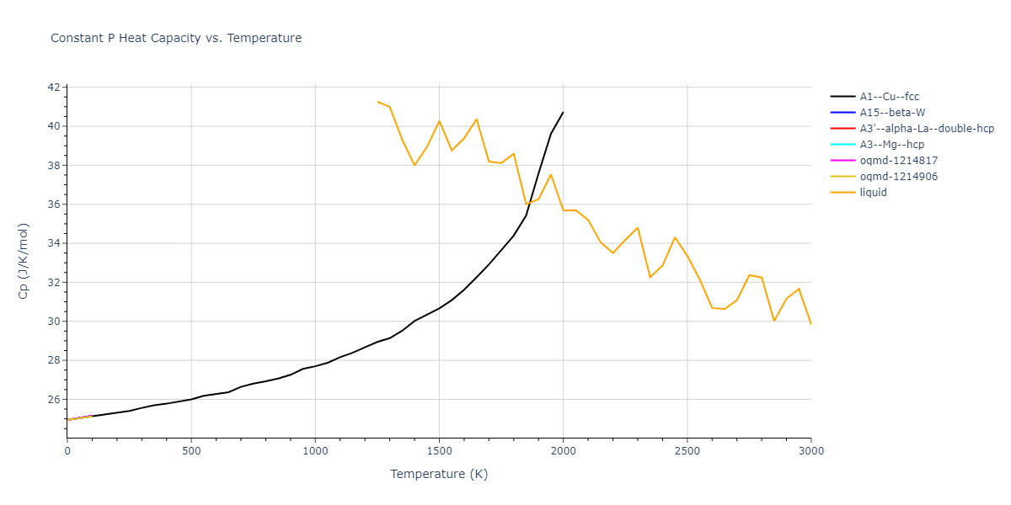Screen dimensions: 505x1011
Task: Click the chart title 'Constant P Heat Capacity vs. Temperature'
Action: click(176, 38)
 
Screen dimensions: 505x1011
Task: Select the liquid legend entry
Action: click(873, 193)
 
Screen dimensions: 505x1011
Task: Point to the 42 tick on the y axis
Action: click(53, 88)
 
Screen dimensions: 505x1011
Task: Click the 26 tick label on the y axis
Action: click(53, 400)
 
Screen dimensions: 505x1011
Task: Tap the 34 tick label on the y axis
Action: click(53, 244)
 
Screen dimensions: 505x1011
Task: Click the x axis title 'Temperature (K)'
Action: click(439, 474)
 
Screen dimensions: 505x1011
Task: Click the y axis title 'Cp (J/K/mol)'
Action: click(24, 262)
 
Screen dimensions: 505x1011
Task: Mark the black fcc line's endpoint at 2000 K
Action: click(563, 112)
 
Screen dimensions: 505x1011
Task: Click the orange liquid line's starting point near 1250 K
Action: click(377, 102)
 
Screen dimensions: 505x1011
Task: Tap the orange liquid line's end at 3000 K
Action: click(810, 323)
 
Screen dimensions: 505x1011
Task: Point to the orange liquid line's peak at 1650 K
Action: click(477, 120)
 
